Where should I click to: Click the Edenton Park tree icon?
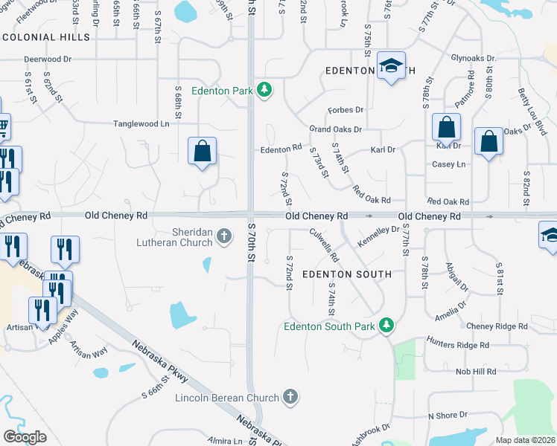click(264, 91)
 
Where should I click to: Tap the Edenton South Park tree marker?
click(386, 326)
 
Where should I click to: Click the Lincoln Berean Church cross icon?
click(290, 398)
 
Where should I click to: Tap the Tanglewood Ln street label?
click(141, 123)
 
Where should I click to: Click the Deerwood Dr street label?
click(47, 58)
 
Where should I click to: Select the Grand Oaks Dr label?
click(336, 129)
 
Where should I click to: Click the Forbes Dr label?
click(346, 110)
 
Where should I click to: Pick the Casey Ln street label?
click(449, 164)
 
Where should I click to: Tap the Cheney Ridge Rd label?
click(497, 326)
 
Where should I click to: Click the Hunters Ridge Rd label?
click(457, 345)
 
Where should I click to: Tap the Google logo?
click(25, 437)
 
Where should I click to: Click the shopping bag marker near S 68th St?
click(202, 151)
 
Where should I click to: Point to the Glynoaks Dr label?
click(474, 58)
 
